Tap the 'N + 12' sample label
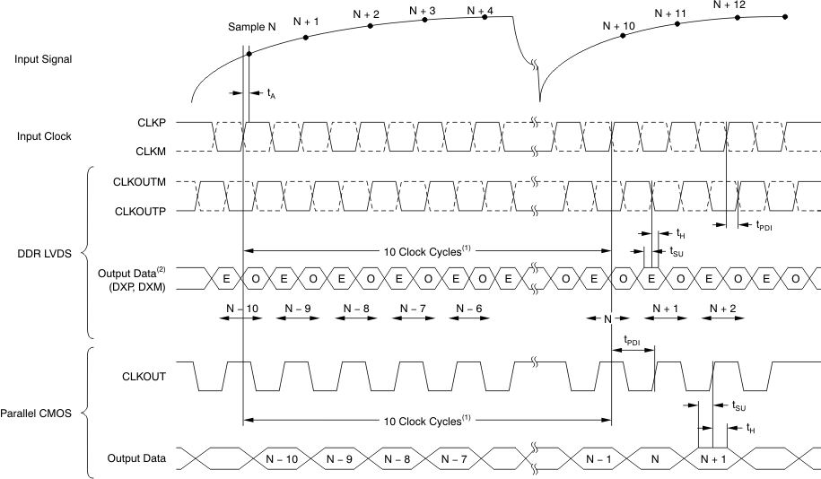(729, 4)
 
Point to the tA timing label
(271, 92)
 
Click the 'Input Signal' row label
(43, 59)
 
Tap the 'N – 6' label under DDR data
(471, 308)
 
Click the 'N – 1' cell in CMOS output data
(598, 458)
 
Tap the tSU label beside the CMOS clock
(739, 406)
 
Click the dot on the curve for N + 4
(485, 16)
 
